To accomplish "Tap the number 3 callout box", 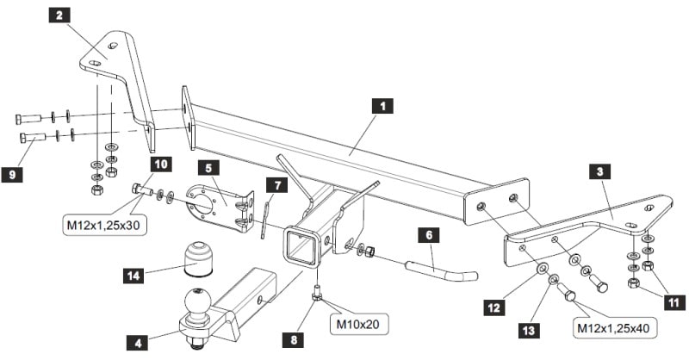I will click(x=601, y=171).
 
